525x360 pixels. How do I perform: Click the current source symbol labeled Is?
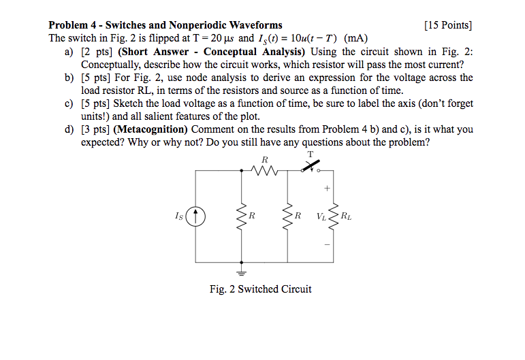(x=196, y=217)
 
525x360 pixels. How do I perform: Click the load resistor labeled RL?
(x=334, y=217)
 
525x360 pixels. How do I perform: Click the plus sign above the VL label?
(x=327, y=187)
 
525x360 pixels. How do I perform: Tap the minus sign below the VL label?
(x=327, y=244)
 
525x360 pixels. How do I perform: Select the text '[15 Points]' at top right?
(x=447, y=25)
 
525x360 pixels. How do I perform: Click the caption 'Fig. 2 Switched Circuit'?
(x=261, y=289)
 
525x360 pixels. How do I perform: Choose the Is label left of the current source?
(x=179, y=217)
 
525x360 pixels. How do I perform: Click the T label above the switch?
(x=311, y=154)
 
